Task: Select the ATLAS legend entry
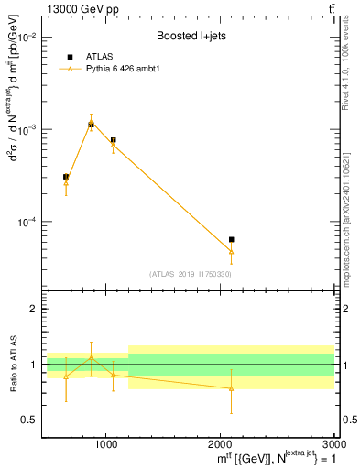point(97,57)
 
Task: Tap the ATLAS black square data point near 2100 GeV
point(231,239)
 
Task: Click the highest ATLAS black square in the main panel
point(91,124)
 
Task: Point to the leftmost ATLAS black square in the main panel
point(66,177)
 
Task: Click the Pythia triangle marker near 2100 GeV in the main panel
point(231,251)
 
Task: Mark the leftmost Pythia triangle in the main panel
point(66,183)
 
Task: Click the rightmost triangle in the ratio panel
point(231,388)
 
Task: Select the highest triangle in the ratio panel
point(91,357)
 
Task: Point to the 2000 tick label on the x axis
point(221,442)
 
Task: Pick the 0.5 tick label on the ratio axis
point(30,420)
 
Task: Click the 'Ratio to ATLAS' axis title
point(12,364)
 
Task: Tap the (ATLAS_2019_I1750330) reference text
point(190,274)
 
